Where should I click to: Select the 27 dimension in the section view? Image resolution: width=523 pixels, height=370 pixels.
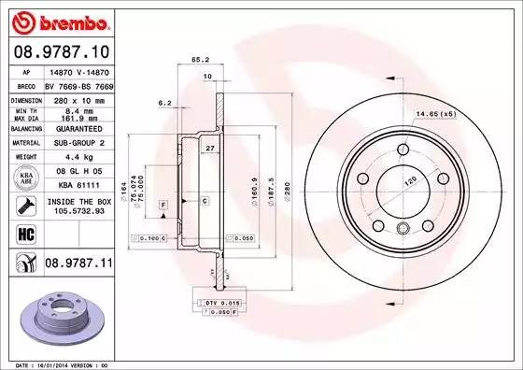click(x=210, y=149)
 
